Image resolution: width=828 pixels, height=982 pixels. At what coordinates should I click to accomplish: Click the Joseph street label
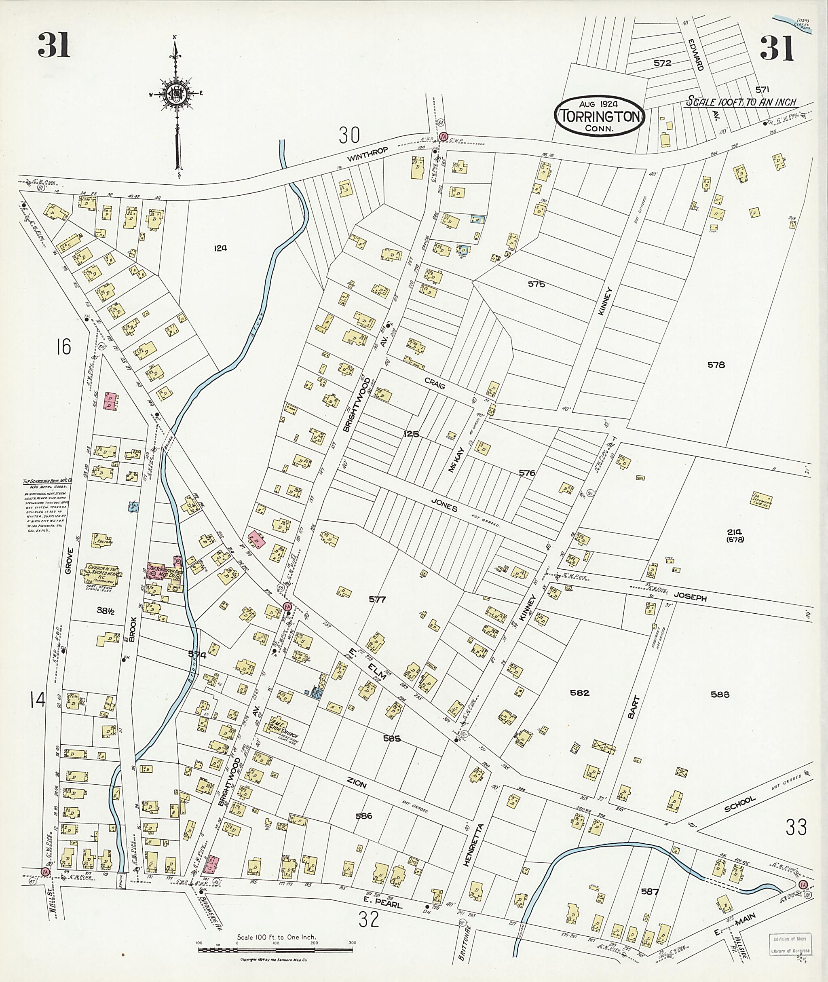click(690, 598)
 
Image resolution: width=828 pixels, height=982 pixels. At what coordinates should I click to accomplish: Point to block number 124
click(220, 248)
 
